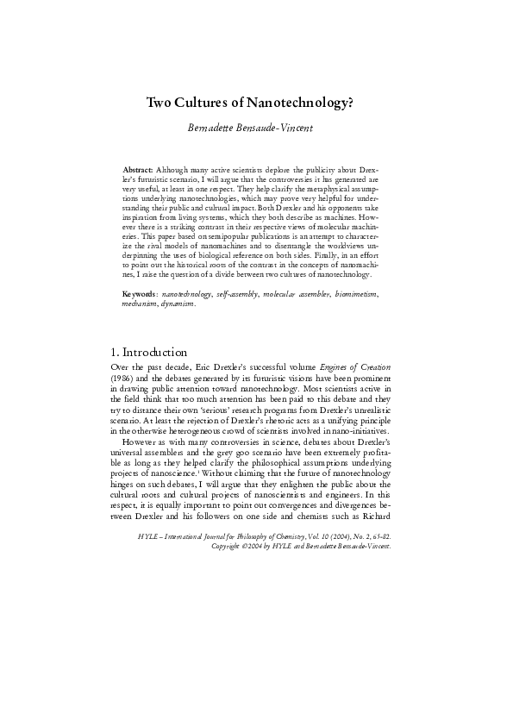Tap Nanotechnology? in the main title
tap(300, 103)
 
